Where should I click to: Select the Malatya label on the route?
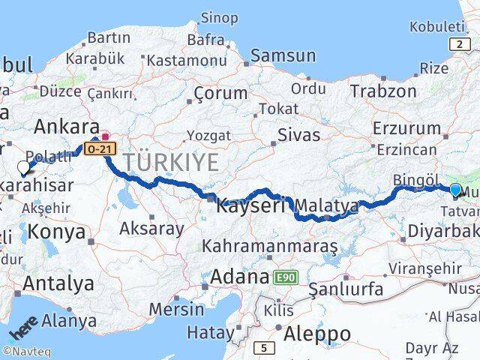pyautogui.click(x=327, y=205)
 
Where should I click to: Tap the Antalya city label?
pyautogui.click(x=58, y=283)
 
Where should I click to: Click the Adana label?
pyautogui.click(x=240, y=277)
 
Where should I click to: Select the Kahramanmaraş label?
pyautogui.click(x=270, y=246)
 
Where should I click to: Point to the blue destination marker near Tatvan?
pyautogui.click(x=455, y=189)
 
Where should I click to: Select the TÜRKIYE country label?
pyautogui.click(x=172, y=161)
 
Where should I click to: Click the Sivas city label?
pyautogui.click(x=298, y=136)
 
